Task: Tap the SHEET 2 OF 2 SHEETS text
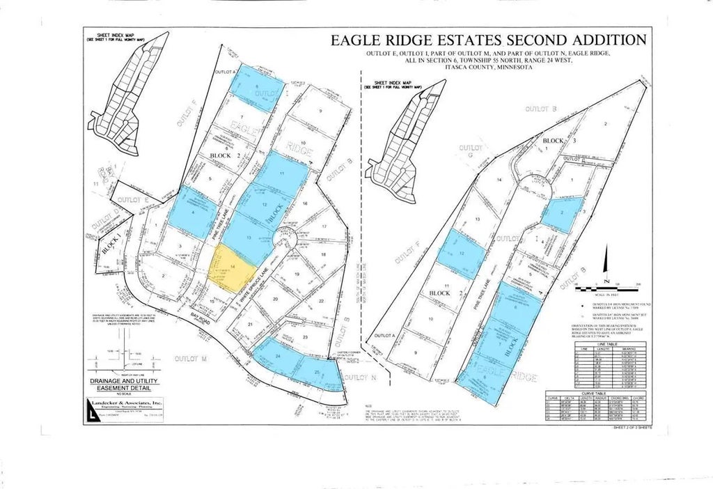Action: click(632, 428)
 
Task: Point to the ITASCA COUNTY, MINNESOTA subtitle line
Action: click(477, 68)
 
